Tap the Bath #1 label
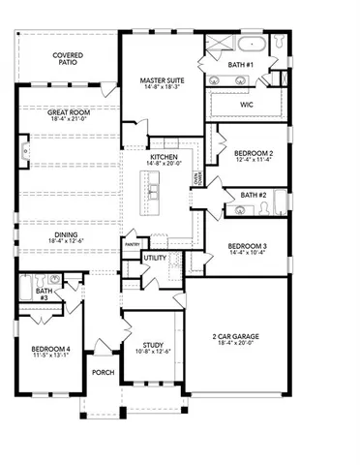tap(240, 64)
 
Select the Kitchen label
tap(162, 157)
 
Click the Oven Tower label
tap(196, 178)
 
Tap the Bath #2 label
tap(255, 196)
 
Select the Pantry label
tap(131, 244)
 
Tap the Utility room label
tap(155, 258)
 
